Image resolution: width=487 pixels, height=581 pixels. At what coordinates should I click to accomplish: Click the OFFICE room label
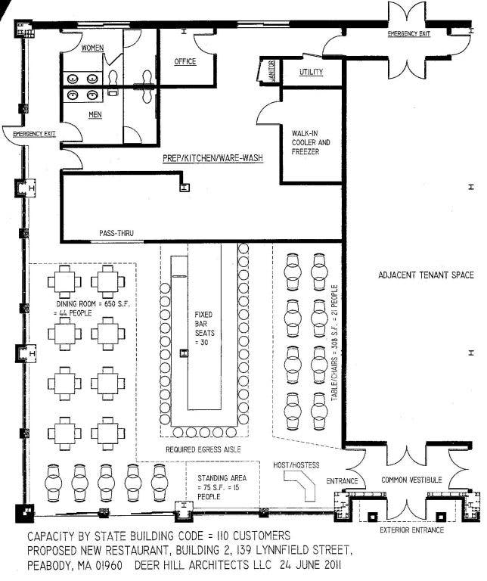pyautogui.click(x=185, y=61)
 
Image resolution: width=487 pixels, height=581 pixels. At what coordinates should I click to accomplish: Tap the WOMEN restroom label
pyautogui.click(x=92, y=48)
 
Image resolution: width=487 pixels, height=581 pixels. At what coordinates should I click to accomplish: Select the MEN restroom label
pyautogui.click(x=95, y=115)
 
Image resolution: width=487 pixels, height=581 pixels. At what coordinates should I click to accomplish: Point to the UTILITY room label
pyautogui.click(x=311, y=72)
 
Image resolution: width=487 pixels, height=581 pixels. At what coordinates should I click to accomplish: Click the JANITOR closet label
pyautogui.click(x=271, y=71)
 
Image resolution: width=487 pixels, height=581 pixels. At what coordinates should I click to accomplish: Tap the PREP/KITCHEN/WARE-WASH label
pyautogui.click(x=213, y=158)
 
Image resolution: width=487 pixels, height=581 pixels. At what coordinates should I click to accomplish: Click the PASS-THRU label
pyautogui.click(x=116, y=233)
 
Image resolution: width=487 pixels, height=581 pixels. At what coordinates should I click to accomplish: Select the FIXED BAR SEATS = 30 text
pyautogui.click(x=204, y=328)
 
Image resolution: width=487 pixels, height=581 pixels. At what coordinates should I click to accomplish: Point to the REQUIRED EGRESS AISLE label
pyautogui.click(x=203, y=449)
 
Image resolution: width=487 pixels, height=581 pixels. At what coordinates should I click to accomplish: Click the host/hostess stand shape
pyautogui.click(x=299, y=484)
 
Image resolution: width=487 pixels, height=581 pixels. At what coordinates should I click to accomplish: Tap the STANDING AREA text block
pyautogui.click(x=222, y=487)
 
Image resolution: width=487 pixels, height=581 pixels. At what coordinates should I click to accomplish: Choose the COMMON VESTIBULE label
pyautogui.click(x=411, y=480)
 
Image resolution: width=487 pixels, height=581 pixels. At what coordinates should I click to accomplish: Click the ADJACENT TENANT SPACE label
pyautogui.click(x=426, y=275)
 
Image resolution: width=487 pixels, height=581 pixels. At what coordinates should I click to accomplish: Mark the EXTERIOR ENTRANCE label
pyautogui.click(x=412, y=530)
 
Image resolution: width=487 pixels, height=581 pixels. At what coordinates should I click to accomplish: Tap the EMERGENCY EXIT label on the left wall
pyautogui.click(x=34, y=134)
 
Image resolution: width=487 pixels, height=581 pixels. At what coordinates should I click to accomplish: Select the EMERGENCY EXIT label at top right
pyautogui.click(x=409, y=34)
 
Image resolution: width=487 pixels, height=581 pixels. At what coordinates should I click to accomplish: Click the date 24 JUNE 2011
pyautogui.click(x=310, y=565)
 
